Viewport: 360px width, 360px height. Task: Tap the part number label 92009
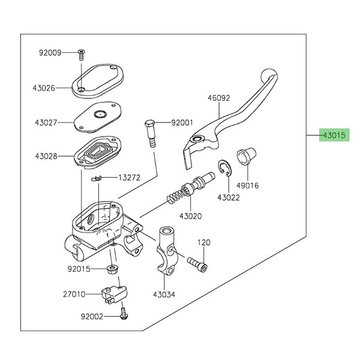point(51,53)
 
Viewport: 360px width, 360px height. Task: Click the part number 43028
point(45,157)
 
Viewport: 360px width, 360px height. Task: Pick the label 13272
point(128,178)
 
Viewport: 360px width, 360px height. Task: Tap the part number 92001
point(182,123)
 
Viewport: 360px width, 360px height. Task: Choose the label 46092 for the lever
point(219,98)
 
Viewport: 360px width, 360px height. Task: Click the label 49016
point(247,186)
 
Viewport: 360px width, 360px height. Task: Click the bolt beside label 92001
point(150,133)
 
